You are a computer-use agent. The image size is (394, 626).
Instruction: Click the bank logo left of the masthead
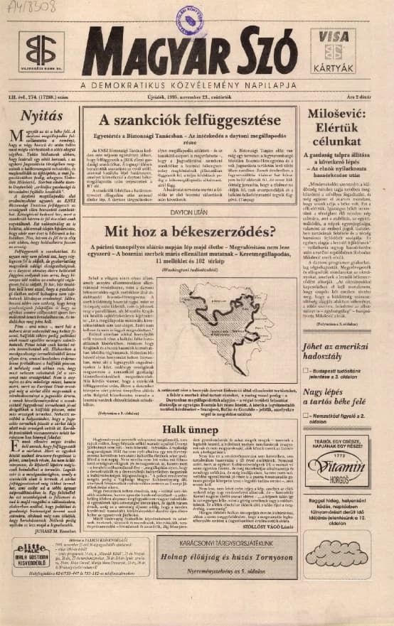[40, 52]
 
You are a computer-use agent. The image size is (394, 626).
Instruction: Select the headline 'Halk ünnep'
[194, 429]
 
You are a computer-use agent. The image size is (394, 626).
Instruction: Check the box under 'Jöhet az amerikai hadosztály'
[305, 370]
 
